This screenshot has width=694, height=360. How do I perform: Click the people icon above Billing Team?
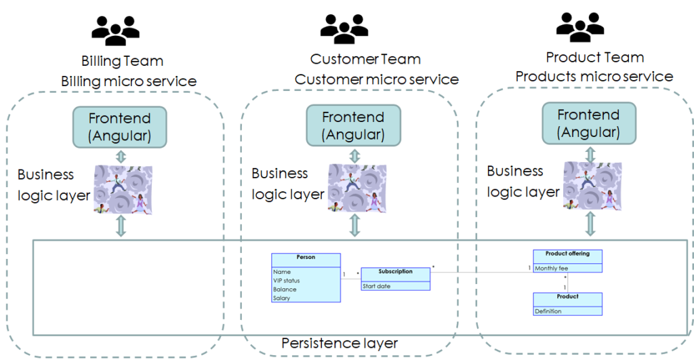(x=116, y=31)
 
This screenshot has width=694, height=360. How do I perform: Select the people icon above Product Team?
(x=579, y=27)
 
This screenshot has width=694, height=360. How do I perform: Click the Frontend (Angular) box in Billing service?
(x=120, y=127)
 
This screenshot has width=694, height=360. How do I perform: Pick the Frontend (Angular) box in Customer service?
(x=352, y=125)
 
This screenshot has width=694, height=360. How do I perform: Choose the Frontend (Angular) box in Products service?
(x=588, y=123)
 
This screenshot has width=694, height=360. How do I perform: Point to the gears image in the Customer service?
(x=353, y=186)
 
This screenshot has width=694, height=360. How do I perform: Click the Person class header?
(x=306, y=258)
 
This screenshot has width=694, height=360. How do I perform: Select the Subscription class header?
(x=395, y=272)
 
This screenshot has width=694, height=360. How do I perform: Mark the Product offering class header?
(x=567, y=254)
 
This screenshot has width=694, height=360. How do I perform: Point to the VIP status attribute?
(x=286, y=281)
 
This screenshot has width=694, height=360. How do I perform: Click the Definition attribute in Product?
(x=548, y=311)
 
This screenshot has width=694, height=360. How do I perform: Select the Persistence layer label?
(x=339, y=344)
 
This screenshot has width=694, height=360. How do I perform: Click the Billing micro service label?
(x=129, y=82)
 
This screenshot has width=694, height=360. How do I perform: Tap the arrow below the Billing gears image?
(x=121, y=226)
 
